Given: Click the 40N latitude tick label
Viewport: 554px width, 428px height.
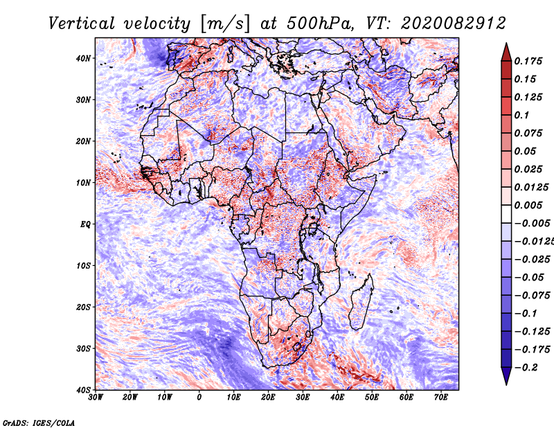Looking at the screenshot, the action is pyautogui.click(x=83, y=58).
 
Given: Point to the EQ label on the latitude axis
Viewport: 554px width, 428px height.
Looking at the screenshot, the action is pyautogui.click(x=85, y=224).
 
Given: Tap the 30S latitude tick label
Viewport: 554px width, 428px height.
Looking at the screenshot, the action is pyautogui.click(x=83, y=349).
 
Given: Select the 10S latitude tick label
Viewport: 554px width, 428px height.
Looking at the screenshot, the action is pyautogui.click(x=83, y=266).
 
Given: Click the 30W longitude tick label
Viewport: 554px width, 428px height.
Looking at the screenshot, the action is pyautogui.click(x=96, y=398).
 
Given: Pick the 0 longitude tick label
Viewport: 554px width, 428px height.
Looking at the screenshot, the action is pyautogui.click(x=199, y=398).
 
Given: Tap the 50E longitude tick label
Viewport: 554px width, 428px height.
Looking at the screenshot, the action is pyautogui.click(x=372, y=398).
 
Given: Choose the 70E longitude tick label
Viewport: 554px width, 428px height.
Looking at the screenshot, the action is pyautogui.click(x=441, y=398).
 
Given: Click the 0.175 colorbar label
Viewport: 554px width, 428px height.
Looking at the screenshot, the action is pyautogui.click(x=528, y=62).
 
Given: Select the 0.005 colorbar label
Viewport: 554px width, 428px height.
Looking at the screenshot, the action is pyautogui.click(x=528, y=205).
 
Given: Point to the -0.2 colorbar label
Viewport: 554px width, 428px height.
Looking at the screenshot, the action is pyautogui.click(x=526, y=368).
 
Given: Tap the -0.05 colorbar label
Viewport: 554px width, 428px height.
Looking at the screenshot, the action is pyautogui.click(x=529, y=278).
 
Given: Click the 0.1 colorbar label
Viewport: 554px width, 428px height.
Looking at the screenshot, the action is pyautogui.click(x=522, y=115).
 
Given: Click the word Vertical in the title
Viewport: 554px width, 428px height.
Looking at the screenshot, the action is pyautogui.click(x=82, y=24).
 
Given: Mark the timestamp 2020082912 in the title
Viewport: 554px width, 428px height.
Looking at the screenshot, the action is pyautogui.click(x=454, y=24).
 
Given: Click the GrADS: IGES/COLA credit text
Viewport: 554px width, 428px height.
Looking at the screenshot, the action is pyautogui.click(x=39, y=423).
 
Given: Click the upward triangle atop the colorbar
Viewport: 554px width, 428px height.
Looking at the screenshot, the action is pyautogui.click(x=506, y=52).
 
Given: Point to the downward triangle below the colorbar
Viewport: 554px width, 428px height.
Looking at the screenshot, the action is pyautogui.click(x=506, y=375).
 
